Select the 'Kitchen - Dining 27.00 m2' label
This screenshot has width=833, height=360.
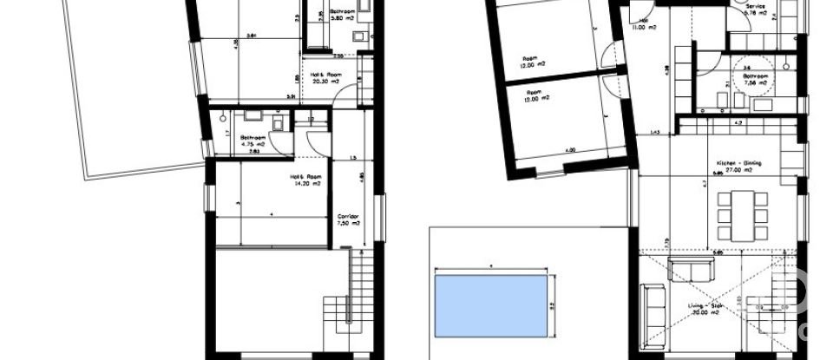[733, 167]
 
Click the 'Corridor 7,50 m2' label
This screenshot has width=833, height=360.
[349, 219]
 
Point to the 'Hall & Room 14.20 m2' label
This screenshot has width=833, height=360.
[305, 180]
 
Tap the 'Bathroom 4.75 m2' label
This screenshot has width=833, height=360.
[253, 141]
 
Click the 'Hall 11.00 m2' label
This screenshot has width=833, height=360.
[644, 24]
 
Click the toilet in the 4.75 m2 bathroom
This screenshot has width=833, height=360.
[278, 124]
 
